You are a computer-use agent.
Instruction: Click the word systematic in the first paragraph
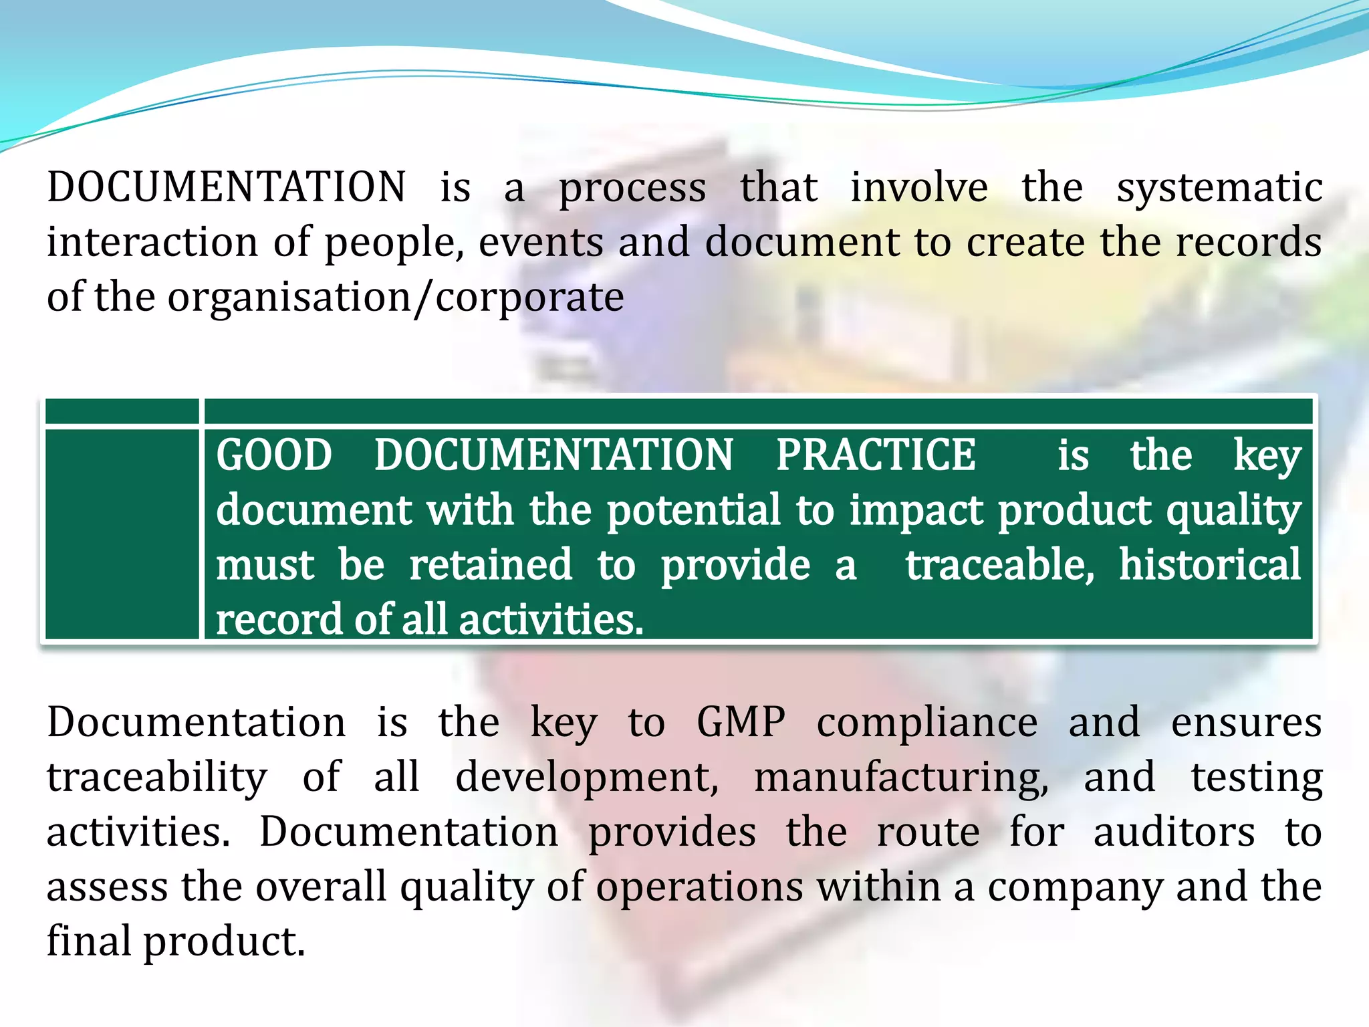pos(1219,189)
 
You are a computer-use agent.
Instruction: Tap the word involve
pos(919,187)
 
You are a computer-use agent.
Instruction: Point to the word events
pos(541,242)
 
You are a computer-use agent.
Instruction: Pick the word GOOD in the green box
pos(274,456)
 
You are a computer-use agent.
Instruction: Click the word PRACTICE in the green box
pos(876,456)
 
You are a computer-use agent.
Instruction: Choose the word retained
pos(491,566)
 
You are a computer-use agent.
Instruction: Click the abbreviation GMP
pos(741,723)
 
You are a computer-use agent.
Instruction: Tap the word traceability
pos(157,778)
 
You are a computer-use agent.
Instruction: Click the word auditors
pos(1174,833)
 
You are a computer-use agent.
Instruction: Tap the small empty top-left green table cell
pos(122,411)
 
